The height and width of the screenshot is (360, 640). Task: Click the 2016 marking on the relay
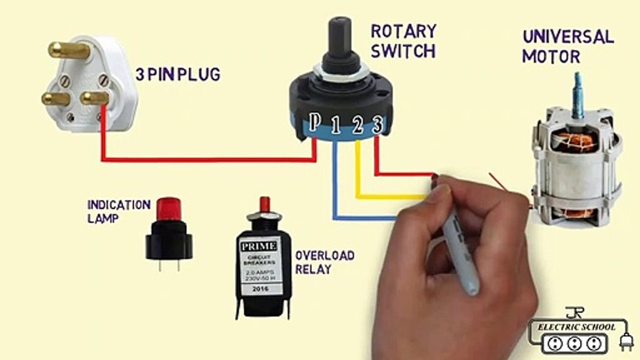pyautogui.click(x=260, y=289)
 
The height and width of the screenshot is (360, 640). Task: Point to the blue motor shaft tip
pyautogui.click(x=579, y=92)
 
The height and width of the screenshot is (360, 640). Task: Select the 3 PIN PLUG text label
pyautogui.click(x=177, y=75)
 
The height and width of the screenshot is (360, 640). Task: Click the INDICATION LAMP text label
pyautogui.click(x=118, y=211)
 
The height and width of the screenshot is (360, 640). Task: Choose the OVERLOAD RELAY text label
pyautogui.click(x=324, y=262)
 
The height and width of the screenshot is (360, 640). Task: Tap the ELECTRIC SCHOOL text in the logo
pyautogui.click(x=576, y=327)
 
